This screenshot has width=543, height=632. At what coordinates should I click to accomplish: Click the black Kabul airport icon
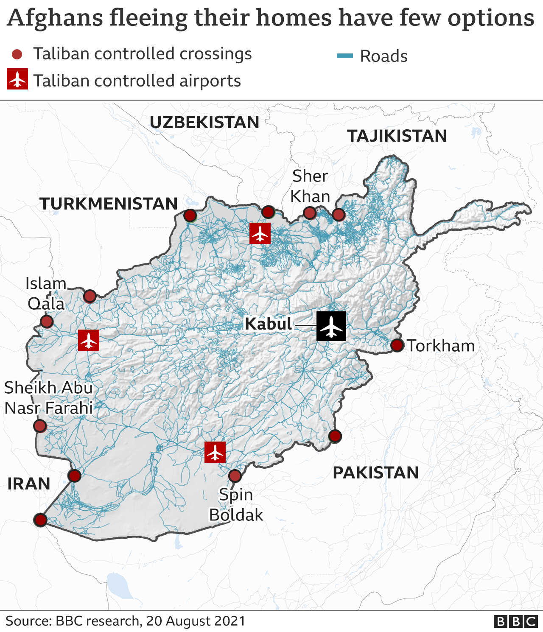click(331, 326)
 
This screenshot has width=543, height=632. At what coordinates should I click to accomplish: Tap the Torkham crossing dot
click(397, 345)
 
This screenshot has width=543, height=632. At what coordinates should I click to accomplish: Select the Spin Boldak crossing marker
click(235, 476)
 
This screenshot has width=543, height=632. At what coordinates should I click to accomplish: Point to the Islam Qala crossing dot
click(47, 322)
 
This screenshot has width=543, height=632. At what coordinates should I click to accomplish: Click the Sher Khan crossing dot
click(310, 213)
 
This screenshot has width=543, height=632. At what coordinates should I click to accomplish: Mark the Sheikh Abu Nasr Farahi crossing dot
click(40, 426)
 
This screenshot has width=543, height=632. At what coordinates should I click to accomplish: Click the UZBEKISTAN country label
click(204, 123)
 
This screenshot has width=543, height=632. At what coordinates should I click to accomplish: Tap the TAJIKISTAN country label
click(397, 136)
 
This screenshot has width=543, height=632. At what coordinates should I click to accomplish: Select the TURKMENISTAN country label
click(109, 204)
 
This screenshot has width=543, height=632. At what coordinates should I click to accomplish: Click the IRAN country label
click(29, 484)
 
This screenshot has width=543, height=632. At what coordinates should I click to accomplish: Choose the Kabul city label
click(269, 324)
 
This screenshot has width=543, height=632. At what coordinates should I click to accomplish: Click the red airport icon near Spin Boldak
click(215, 452)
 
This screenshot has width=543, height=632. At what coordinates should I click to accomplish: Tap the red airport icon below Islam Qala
click(89, 340)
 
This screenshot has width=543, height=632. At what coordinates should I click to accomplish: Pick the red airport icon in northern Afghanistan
click(260, 233)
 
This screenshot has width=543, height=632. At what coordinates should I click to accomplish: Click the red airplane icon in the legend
click(17, 79)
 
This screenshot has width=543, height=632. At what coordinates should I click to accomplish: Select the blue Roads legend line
click(344, 56)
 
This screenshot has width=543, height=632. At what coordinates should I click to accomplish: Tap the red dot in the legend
click(17, 54)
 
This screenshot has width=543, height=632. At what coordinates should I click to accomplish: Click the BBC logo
click(515, 621)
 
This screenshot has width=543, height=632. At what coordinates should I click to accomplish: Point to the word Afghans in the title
click(55, 18)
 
